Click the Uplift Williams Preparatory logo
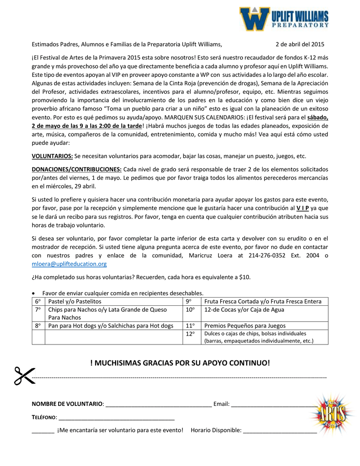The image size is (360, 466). (x=284, y=19)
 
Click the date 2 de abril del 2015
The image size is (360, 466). (x=300, y=44)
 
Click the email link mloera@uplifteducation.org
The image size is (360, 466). (x=69, y=263)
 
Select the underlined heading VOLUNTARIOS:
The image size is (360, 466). (x=52, y=156)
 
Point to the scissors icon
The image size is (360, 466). (x=24, y=375)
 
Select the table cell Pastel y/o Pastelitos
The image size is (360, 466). (x=75, y=301)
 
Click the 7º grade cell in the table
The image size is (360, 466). (x=38, y=309)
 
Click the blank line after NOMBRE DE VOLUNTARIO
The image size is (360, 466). (x=158, y=405)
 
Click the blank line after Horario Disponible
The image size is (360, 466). (x=280, y=430)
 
